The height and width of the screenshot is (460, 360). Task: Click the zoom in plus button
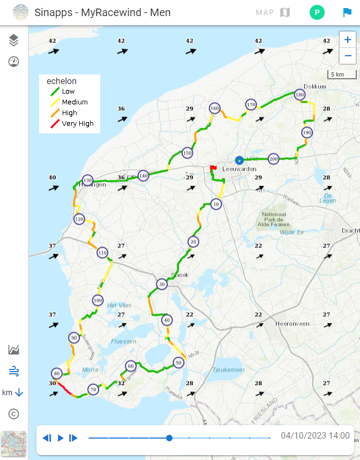point(348,40)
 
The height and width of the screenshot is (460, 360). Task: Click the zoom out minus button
point(348,55)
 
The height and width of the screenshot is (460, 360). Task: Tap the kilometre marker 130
point(87,180)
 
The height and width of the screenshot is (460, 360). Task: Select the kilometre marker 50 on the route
point(179,363)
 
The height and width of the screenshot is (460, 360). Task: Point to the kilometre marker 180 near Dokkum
point(299,95)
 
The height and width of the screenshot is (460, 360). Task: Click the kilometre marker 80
point(56,373)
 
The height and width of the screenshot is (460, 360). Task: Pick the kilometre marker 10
point(216,204)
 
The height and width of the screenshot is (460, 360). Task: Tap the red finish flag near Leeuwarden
point(213,168)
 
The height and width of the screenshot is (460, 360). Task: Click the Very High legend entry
point(77,124)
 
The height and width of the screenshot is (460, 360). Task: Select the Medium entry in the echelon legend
point(74,102)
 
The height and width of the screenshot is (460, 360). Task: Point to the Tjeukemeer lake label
point(228,369)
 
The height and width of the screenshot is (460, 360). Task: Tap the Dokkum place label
point(314,86)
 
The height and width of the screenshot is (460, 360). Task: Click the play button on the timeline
point(61,438)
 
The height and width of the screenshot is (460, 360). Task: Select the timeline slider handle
point(169,438)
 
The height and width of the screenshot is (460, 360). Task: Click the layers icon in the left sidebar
point(14,40)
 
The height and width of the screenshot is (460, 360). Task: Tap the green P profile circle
point(317,12)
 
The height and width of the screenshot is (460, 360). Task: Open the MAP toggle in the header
point(273,12)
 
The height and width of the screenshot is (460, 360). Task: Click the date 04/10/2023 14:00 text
point(315,436)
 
